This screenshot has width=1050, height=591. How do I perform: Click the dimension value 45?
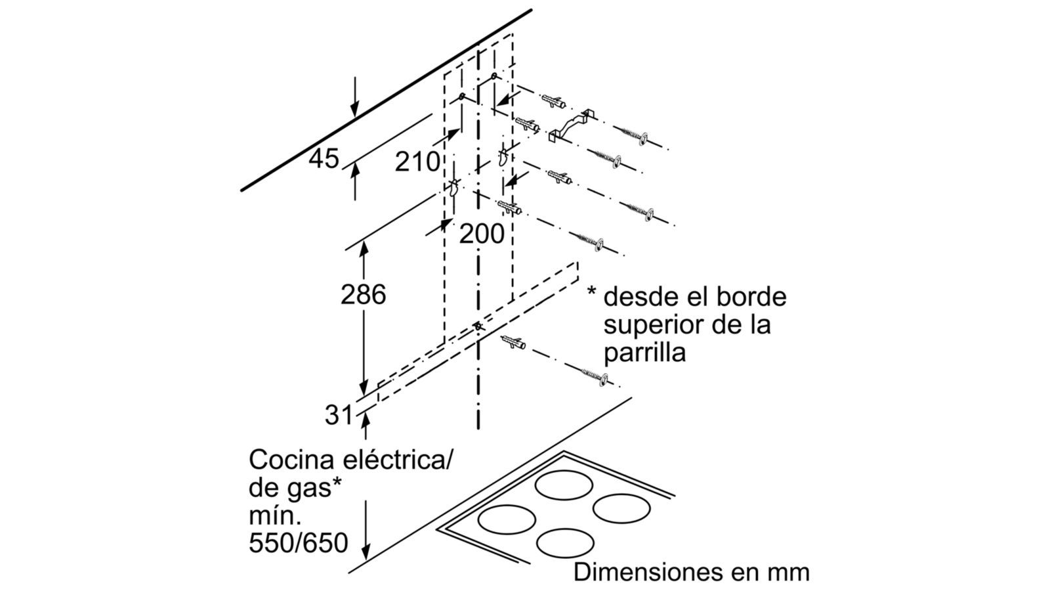pos(324,159)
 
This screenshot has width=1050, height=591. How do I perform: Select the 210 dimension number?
pos(417,162)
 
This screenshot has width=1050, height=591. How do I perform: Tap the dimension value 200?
pos(482,233)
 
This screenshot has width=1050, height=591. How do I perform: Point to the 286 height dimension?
pos(363,295)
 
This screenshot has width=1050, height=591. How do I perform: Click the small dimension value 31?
pos(339,415)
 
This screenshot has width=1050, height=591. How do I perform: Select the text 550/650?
pos(298,543)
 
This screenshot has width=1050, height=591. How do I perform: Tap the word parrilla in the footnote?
pos(644,353)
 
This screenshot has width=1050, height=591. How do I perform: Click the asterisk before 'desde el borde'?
pos(592,294)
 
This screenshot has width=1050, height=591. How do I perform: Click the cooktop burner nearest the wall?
pos(565,485)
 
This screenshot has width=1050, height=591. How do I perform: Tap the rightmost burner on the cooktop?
pos(622,508)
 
